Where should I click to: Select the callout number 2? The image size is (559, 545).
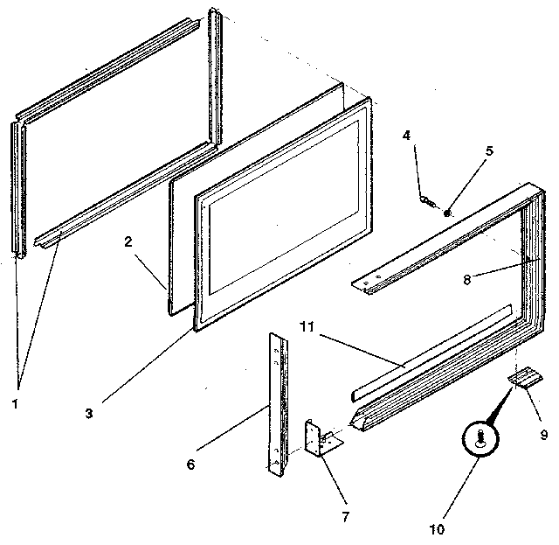(x=128, y=242)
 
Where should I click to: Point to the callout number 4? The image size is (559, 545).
(x=407, y=136)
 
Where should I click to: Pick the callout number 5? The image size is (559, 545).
(x=488, y=150)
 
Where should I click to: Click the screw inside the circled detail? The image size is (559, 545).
(x=480, y=439)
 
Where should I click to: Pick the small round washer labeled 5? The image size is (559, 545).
(x=446, y=212)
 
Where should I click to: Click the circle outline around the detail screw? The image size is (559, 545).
(x=480, y=422)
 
